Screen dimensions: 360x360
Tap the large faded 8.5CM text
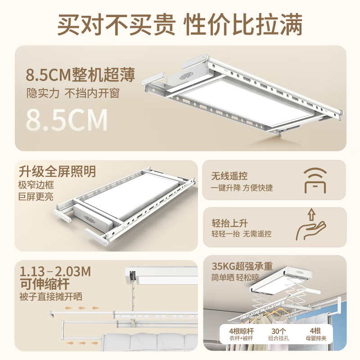point(67,119)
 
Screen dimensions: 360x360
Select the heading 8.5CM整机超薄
point(81,74)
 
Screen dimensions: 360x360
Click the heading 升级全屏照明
point(58,171)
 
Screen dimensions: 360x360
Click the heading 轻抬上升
point(229,222)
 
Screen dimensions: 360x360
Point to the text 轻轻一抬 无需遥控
point(242,234)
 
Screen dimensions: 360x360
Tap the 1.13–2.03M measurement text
point(55,271)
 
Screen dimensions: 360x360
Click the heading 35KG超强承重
point(243,266)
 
